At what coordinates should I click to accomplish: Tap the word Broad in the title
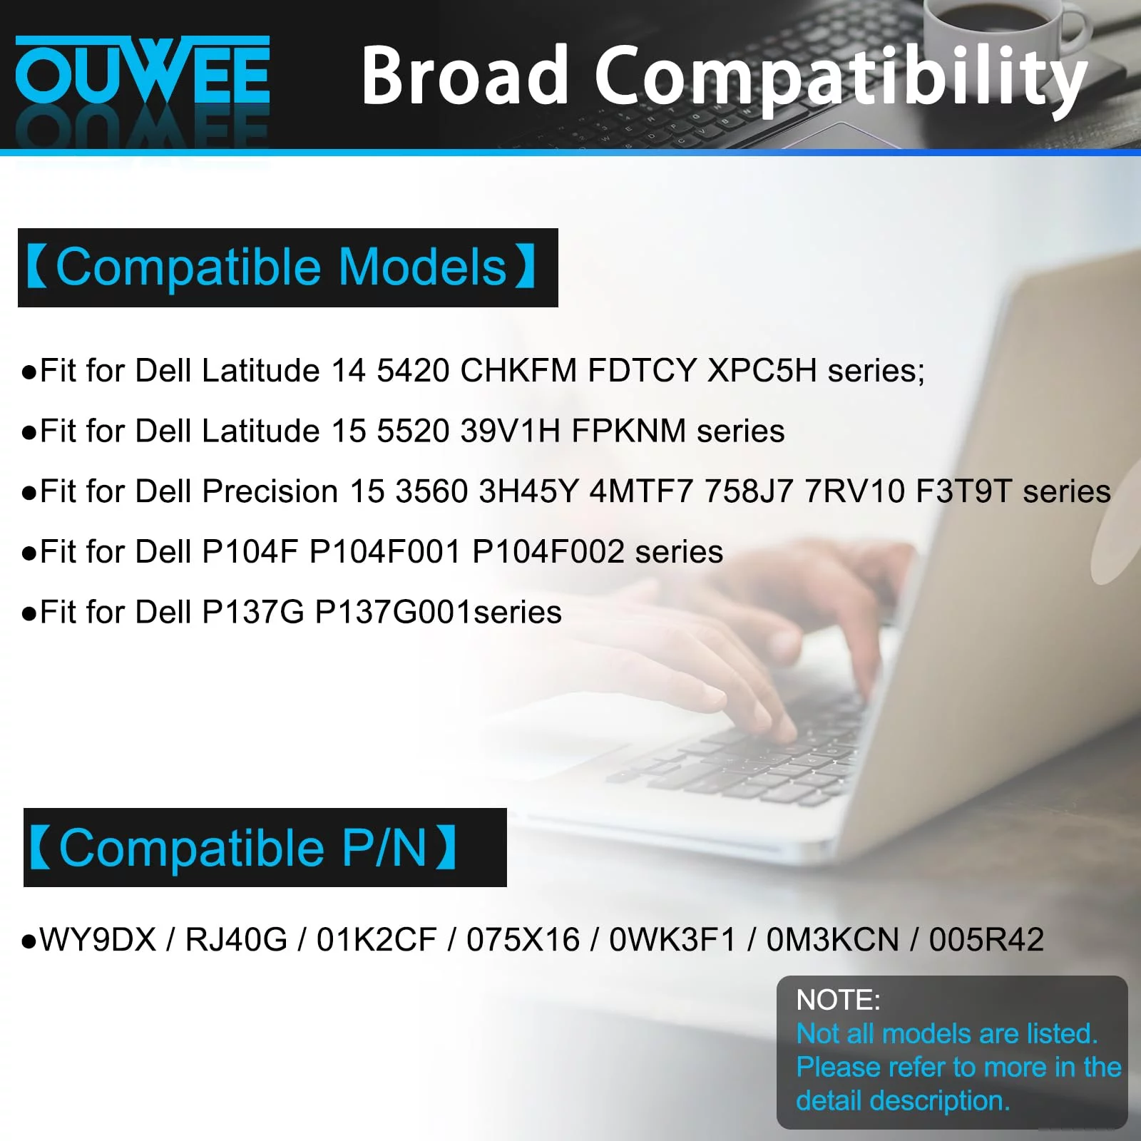click(x=464, y=74)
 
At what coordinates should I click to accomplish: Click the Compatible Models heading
click(x=281, y=267)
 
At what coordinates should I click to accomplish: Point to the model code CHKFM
click(x=518, y=371)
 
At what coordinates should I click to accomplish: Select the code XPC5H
click(x=762, y=371)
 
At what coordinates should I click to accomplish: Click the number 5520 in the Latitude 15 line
click(x=414, y=431)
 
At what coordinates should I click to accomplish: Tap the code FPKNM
click(x=629, y=431)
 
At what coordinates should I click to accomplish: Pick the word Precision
click(x=270, y=491)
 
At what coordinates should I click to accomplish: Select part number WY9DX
click(x=98, y=940)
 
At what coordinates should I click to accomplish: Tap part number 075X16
click(x=523, y=940)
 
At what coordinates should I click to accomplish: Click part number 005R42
click(x=987, y=940)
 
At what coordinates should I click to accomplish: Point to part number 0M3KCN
click(x=833, y=940)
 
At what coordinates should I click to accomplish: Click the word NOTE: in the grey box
click(x=839, y=1000)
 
